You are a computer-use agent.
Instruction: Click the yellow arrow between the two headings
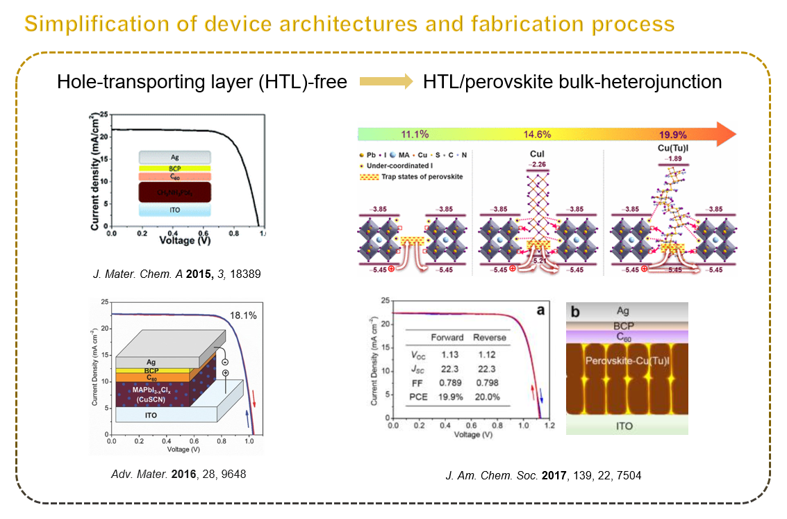point(386,82)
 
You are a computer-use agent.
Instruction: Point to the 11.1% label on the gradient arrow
point(416,134)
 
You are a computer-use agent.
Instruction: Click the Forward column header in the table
point(447,338)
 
